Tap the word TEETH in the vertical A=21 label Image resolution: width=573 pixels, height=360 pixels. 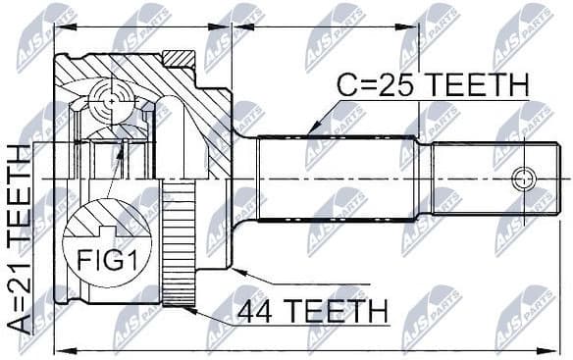pyautogui.click(x=18, y=187)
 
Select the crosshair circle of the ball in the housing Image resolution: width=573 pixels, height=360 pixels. pyautogui.click(x=112, y=100)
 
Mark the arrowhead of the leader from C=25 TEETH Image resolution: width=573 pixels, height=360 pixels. pyautogui.click(x=310, y=129)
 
